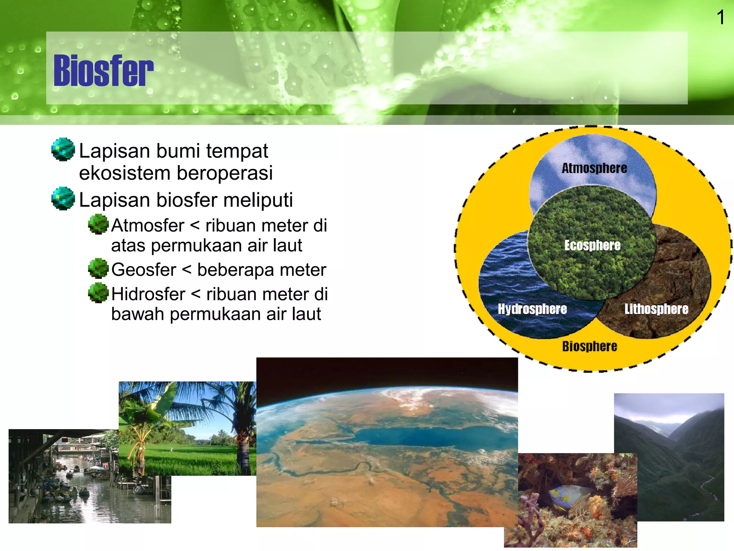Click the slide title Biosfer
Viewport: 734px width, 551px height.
[103, 71]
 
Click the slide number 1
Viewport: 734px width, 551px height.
[720, 18]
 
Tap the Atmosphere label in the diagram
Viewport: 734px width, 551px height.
[594, 168]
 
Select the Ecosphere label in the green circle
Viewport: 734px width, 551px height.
[592, 245]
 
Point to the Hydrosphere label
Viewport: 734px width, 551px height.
[532, 309]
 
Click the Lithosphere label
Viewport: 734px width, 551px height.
[656, 309]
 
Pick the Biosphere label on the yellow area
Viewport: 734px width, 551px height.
[590, 347]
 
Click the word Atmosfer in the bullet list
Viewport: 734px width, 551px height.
[148, 226]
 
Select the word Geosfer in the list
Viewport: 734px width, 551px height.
[144, 270]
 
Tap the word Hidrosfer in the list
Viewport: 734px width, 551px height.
[148, 295]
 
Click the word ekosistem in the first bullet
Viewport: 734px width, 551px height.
[124, 173]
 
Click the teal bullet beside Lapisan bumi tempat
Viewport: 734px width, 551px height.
[63, 149]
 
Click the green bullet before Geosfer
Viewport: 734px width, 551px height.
[98, 268]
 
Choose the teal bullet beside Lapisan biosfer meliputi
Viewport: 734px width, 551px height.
[63, 198]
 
